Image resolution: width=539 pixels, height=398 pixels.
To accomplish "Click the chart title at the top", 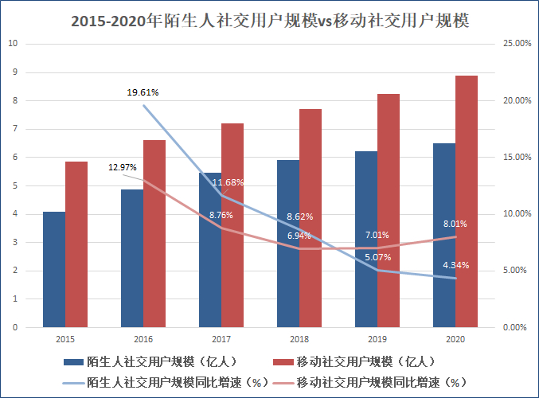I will pos(269,21).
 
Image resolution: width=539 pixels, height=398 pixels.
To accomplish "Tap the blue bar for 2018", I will pos(288,243).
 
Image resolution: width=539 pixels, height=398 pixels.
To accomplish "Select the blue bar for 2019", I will pos(366,239).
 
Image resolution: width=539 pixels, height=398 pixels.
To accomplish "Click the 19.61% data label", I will pos(143,92).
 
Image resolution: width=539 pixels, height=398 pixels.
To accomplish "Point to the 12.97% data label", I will pos(123,167).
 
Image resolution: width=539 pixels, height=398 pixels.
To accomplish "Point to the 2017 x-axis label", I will pos(221,339).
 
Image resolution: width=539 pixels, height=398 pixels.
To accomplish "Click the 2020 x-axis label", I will pos(456,339).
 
